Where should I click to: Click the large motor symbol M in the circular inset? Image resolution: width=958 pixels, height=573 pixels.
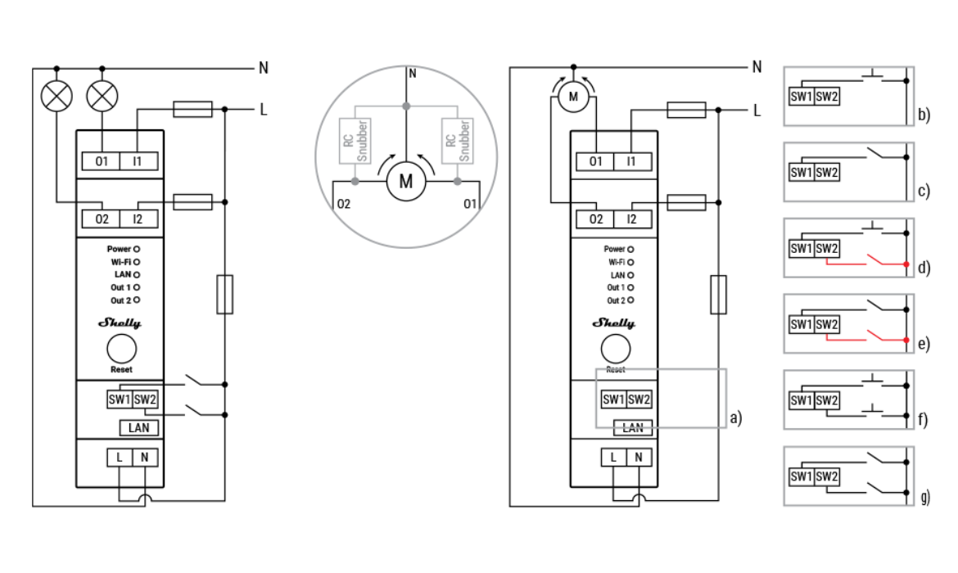click(x=406, y=181)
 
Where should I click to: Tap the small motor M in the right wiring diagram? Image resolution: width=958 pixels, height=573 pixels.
click(x=572, y=97)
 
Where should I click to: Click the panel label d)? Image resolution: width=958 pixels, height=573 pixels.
click(x=924, y=268)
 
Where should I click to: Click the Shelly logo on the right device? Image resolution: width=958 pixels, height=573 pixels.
click(x=613, y=323)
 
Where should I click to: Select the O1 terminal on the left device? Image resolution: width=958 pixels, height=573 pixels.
click(x=102, y=161)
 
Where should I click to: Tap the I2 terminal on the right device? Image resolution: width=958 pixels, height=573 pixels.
click(x=630, y=219)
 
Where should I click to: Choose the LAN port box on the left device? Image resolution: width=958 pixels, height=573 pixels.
click(x=138, y=427)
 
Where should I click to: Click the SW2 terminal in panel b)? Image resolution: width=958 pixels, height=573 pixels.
click(x=826, y=97)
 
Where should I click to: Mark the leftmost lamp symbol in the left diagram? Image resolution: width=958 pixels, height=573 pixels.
click(x=56, y=97)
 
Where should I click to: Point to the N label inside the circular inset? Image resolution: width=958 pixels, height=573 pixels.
click(x=412, y=74)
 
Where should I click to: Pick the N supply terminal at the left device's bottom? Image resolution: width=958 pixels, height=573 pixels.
click(x=144, y=457)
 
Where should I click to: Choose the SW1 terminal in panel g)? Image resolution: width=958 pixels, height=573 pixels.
click(x=801, y=476)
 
